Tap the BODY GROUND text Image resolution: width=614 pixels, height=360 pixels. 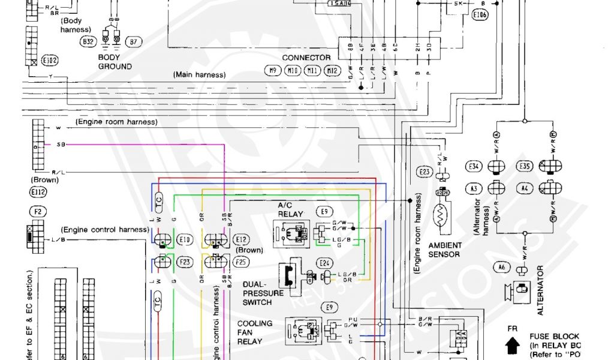click(x=115, y=62)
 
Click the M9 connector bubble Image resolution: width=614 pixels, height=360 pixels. click(x=273, y=71)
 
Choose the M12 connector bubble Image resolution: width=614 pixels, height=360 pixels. click(x=332, y=71)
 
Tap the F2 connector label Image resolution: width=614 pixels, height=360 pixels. click(x=37, y=211)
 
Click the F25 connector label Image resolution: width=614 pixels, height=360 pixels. click(x=241, y=262)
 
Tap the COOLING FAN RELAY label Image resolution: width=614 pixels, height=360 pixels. click(x=255, y=332)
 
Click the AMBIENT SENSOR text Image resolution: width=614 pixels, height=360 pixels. click(x=445, y=250)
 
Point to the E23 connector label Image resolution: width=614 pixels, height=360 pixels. click(x=424, y=172)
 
